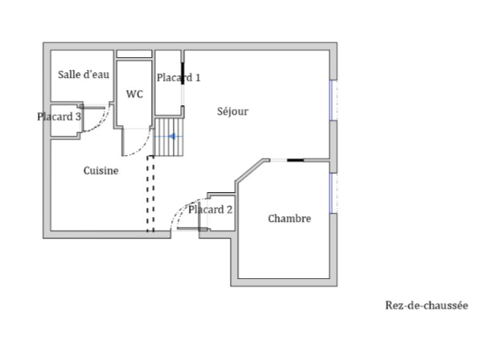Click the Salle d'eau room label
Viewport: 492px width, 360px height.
84,74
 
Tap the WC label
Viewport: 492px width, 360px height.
134,94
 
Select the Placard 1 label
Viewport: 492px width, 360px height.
178,77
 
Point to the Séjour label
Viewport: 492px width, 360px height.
232,112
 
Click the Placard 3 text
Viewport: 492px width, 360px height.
59,117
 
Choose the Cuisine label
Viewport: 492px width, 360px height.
101,170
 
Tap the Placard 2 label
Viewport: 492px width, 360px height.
211,210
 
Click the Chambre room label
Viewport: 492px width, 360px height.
289,219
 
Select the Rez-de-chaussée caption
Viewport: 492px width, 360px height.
426,305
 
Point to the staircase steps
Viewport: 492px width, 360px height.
169,137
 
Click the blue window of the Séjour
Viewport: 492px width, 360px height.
331,100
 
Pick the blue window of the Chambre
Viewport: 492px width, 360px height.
331,193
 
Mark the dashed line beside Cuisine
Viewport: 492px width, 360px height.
150,194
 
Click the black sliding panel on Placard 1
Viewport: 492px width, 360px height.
182,74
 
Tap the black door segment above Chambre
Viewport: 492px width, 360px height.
295,160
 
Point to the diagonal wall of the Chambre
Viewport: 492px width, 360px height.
250,170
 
